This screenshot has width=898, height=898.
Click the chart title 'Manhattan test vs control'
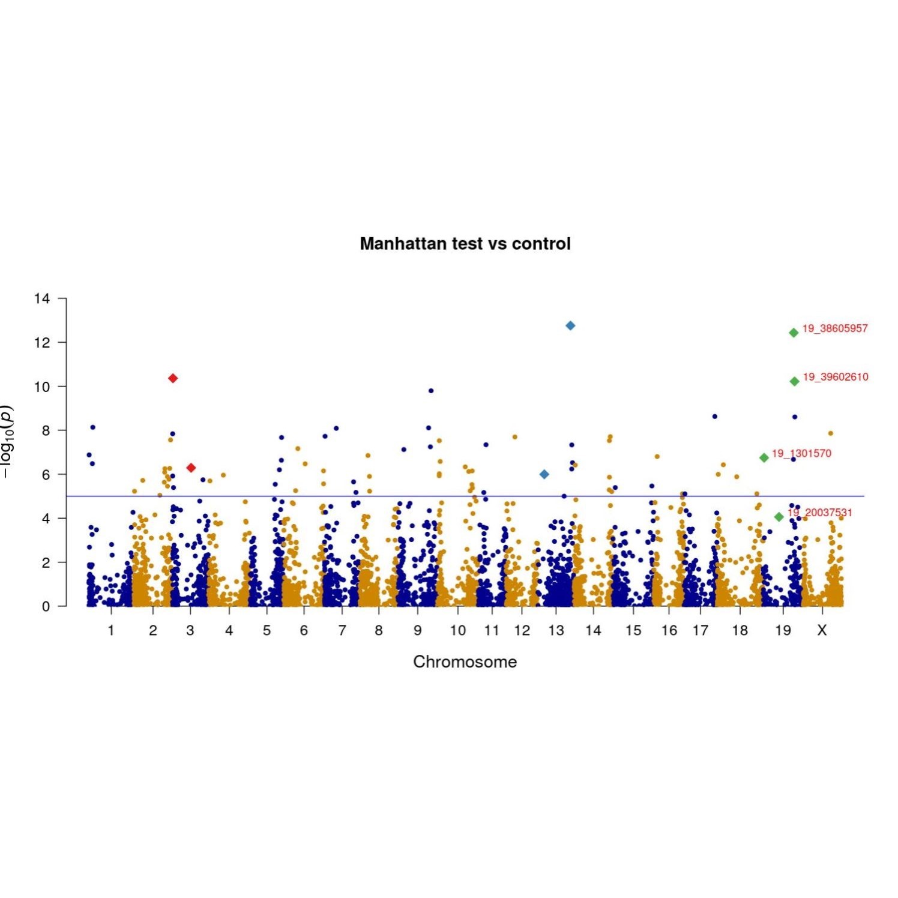click(x=465, y=244)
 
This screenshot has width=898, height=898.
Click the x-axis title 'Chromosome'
click(x=465, y=661)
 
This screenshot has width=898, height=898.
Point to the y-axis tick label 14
click(x=42, y=298)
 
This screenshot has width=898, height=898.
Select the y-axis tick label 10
click(x=42, y=387)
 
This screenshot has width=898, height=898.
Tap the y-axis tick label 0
click(x=46, y=606)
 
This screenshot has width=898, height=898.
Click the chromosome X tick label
click(x=822, y=630)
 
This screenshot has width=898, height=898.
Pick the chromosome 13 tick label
click(x=556, y=630)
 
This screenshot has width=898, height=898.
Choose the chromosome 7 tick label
click(x=342, y=630)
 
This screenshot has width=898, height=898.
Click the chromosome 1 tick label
click(x=111, y=630)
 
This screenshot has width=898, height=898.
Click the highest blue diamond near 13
click(x=570, y=325)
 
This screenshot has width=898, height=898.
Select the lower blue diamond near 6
click(x=544, y=474)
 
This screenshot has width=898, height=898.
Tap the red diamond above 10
click(x=173, y=378)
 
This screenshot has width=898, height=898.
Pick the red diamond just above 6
click(x=191, y=468)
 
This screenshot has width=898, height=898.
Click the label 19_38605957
click(x=835, y=328)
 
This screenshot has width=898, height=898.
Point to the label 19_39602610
click(x=835, y=377)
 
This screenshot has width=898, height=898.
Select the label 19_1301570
click(x=801, y=453)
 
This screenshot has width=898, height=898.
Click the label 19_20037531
click(x=820, y=513)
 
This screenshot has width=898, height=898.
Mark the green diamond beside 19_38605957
click(x=794, y=333)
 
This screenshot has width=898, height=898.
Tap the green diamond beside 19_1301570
click(x=764, y=457)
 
